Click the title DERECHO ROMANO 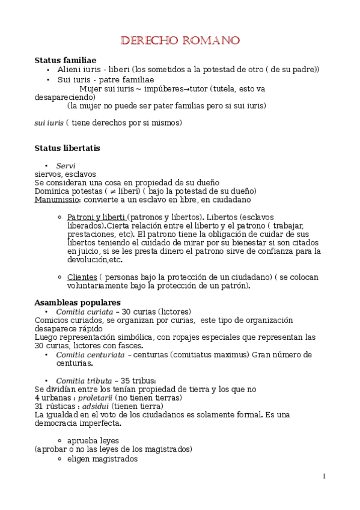(180, 41)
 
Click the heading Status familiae (66, 61)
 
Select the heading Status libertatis (67, 148)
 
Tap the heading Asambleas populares (78, 303)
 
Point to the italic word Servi (66, 165)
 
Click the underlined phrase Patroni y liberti (96, 217)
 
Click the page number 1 (325, 477)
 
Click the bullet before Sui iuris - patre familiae (48, 79)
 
